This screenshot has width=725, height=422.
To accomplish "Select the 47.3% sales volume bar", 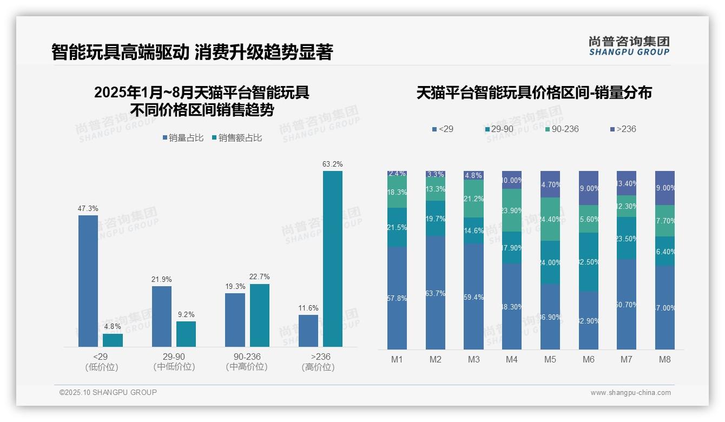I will (88, 281).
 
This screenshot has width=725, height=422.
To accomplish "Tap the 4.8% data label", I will (113, 326).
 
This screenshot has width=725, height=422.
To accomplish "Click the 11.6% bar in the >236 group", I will (308, 331).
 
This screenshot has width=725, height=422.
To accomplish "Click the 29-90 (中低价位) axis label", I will (174, 362).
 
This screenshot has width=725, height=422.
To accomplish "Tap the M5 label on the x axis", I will (550, 359).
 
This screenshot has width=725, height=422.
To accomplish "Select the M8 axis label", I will (665, 359).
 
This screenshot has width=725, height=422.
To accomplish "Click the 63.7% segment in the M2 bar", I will (436, 293).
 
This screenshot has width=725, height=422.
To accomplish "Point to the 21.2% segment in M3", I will (473, 199).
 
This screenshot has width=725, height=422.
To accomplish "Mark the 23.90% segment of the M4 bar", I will (512, 210).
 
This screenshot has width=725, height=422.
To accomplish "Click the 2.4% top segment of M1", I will (397, 174).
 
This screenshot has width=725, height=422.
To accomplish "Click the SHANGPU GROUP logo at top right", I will (629, 46).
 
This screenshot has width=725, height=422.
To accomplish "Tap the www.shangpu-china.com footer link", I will (630, 393).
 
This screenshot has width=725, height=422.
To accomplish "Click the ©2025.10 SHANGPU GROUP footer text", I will (108, 392).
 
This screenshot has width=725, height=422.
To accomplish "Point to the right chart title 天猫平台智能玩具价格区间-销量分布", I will (534, 93).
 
